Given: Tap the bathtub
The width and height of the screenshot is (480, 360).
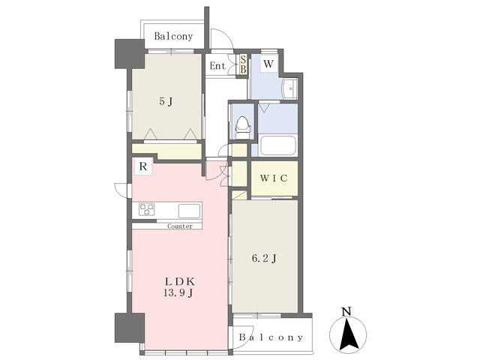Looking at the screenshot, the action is (277, 145).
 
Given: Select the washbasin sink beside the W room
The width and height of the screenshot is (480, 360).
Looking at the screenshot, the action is (290, 88).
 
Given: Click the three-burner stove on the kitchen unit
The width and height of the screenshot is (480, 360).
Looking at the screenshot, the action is (147, 209).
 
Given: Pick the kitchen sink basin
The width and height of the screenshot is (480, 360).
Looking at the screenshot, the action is (190, 211).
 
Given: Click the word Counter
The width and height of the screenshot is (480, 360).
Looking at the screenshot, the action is (180, 226).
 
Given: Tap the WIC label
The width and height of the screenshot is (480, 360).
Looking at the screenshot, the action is (274, 178).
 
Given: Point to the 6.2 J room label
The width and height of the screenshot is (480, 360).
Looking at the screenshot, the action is (265, 259).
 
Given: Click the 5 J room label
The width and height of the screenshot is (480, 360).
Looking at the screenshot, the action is (166, 101).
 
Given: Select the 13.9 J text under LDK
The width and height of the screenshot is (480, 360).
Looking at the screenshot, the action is (178, 293).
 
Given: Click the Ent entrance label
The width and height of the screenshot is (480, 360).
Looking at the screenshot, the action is (217, 66).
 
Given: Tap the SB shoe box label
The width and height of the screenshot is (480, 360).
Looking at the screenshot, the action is (243, 64).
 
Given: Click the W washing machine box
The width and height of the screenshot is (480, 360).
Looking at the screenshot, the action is (268, 64).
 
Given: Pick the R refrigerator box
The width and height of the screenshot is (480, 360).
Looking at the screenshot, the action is (143, 166).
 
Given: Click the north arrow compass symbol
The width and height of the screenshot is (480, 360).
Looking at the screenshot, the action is (348, 333).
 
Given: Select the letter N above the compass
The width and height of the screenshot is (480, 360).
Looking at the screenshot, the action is (346, 311).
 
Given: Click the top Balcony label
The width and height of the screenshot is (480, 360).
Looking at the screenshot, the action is (173, 37).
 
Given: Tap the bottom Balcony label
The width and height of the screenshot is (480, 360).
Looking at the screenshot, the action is (271, 337).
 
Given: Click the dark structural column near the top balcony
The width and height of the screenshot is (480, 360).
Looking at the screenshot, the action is (130, 54).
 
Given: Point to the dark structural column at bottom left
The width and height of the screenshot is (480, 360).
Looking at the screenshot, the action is (130, 328).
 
